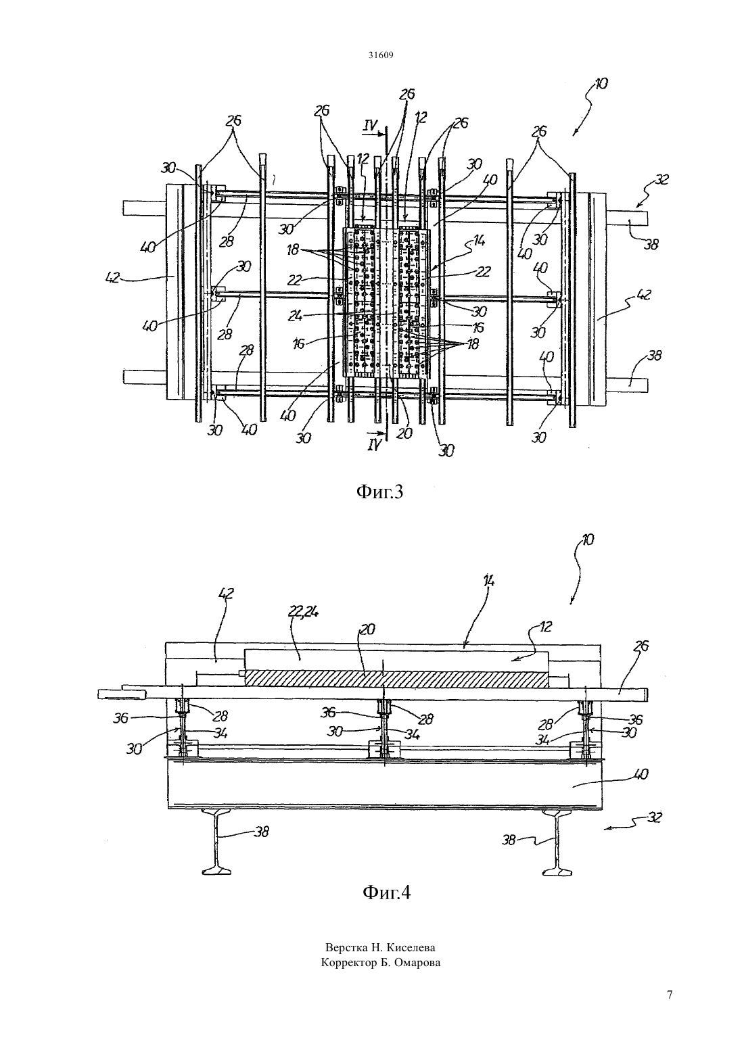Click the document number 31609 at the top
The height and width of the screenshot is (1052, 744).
point(380,55)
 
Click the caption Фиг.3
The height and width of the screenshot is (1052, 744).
point(379,492)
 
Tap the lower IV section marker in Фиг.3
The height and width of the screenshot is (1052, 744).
point(373,445)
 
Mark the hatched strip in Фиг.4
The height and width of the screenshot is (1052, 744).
point(396,679)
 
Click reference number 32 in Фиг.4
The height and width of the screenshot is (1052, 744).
point(653,817)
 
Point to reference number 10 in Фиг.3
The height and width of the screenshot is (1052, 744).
point(600,84)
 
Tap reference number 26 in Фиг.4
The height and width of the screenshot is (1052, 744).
point(641,647)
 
